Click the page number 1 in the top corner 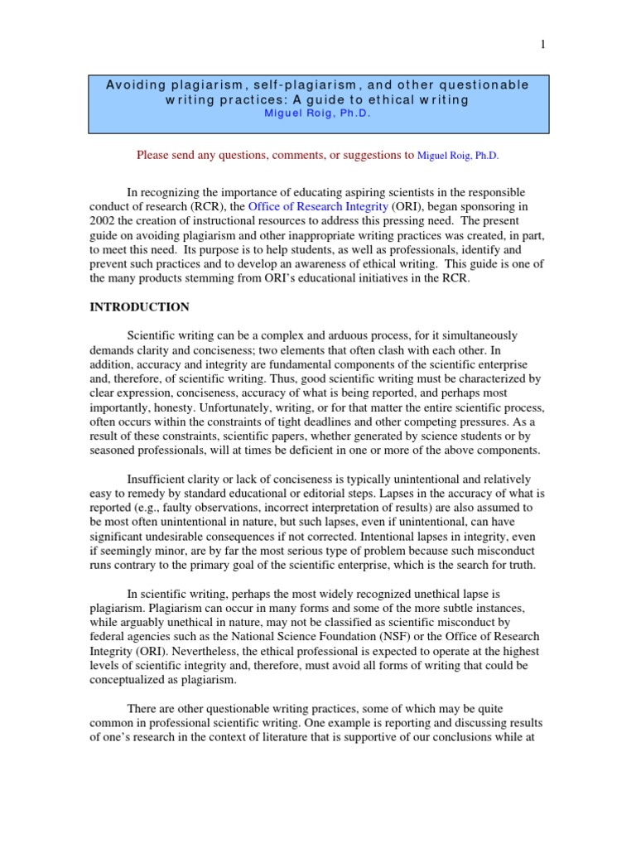(543, 45)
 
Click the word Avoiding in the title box (134, 85)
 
